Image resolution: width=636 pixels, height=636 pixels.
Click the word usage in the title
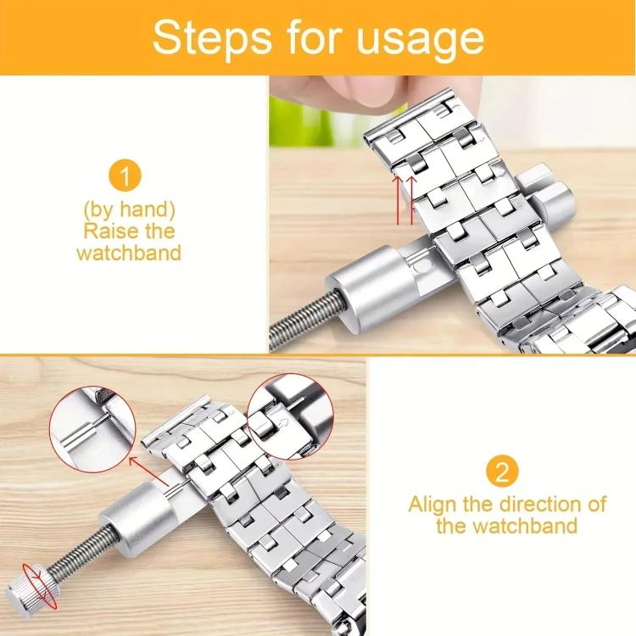(x=419, y=39)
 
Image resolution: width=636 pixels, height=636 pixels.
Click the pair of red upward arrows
(x=406, y=198)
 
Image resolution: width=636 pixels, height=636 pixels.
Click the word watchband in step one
(x=129, y=253)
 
